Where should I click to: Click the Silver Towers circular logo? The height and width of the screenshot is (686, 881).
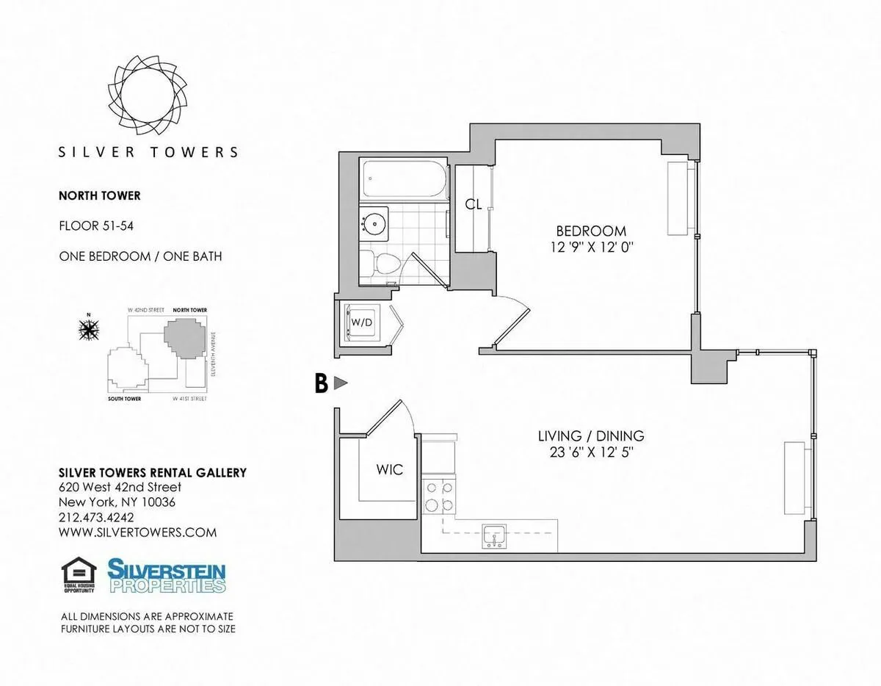click(x=148, y=93)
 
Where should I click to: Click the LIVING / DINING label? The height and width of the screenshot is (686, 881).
click(x=591, y=436)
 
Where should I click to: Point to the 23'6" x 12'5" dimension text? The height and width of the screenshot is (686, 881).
click(x=591, y=452)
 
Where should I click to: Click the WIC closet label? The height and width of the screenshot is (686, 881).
click(x=389, y=470)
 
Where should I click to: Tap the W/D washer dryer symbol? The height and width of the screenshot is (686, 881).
click(x=360, y=322)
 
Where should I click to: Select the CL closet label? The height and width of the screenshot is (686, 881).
click(x=474, y=205)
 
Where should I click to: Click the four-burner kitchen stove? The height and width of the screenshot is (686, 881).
click(x=439, y=495)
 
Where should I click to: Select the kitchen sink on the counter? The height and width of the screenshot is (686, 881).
click(x=494, y=537)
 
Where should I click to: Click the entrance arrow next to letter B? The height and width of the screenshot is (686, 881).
click(x=340, y=383)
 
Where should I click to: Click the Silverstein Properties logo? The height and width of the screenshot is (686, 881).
click(x=167, y=576)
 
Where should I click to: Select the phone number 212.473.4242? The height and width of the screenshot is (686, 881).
click(x=98, y=518)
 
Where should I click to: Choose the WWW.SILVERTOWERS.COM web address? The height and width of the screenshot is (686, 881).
click(x=137, y=532)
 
